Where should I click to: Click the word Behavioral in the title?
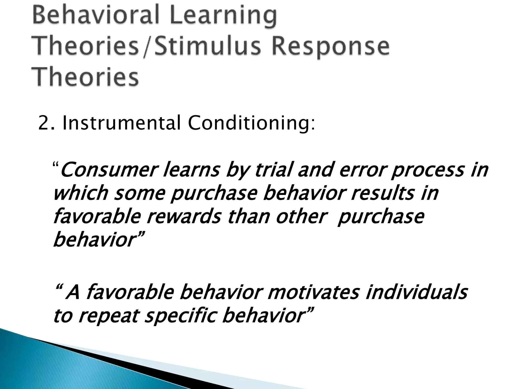coord(96,16)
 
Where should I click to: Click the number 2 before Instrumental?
coord(43,123)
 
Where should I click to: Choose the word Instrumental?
coord(121,123)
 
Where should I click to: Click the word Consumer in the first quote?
coord(108,170)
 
